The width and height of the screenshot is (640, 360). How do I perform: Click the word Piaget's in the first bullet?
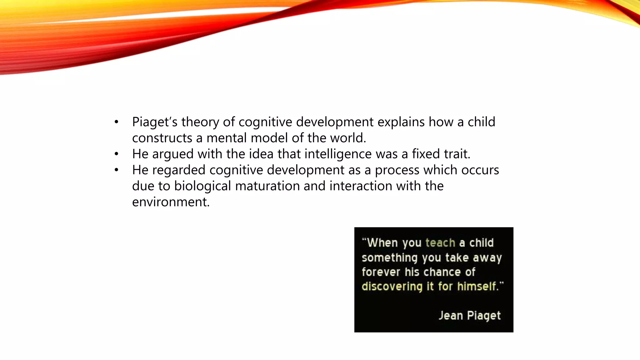click(155, 122)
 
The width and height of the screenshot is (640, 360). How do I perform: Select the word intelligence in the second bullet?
click(338, 154)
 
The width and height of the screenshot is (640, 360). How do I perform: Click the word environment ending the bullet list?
click(170, 202)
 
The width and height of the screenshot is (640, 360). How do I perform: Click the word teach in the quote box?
click(440, 243)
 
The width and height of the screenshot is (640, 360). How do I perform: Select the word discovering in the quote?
click(392, 286)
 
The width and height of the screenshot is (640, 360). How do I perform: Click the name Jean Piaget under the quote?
click(469, 315)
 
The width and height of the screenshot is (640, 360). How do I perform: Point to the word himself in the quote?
click(477, 286)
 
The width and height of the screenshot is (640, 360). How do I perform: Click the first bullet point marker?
click(116, 122)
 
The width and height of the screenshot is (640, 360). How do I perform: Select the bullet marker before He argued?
click(116, 154)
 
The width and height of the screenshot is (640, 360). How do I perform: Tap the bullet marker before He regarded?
click(116, 170)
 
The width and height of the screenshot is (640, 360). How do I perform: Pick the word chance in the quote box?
click(442, 272)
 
